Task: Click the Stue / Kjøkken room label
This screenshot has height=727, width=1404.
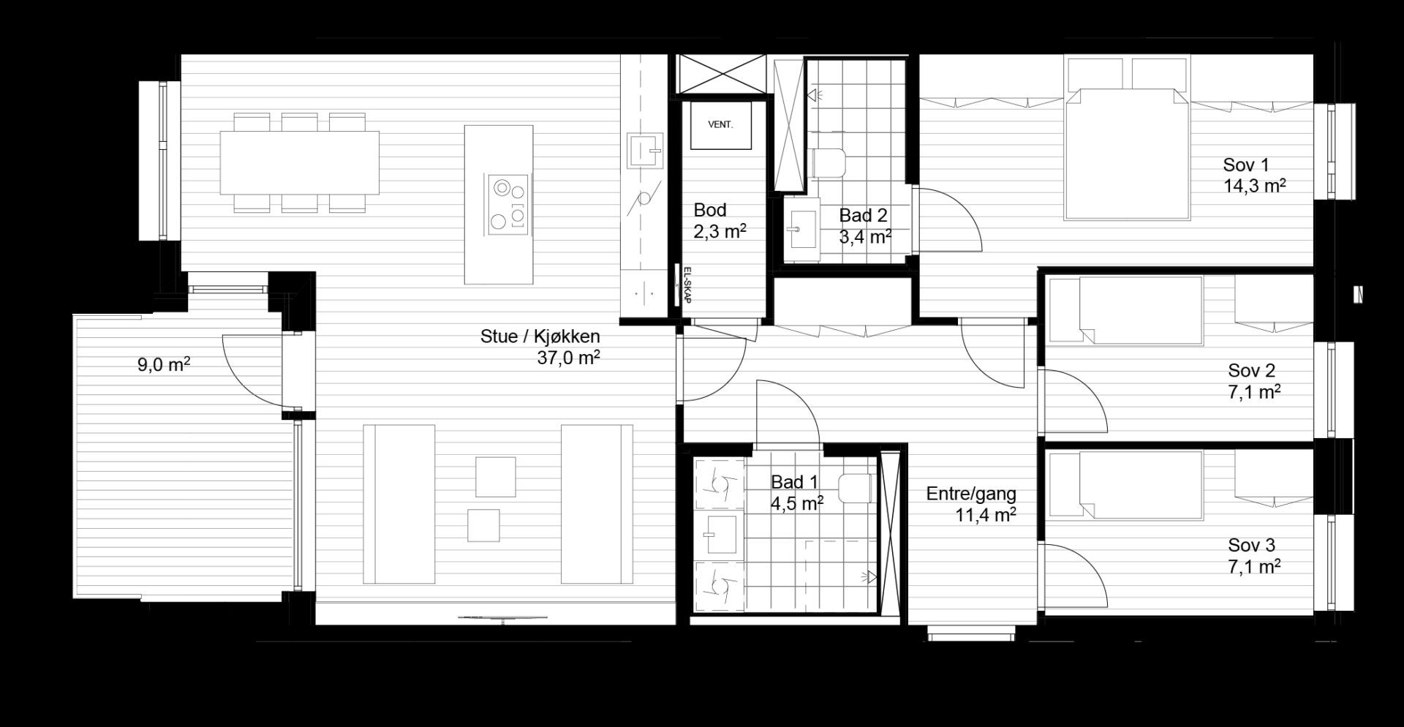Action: [540, 336]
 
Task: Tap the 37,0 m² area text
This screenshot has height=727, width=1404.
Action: [569, 358]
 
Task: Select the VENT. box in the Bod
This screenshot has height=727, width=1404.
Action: [720, 125]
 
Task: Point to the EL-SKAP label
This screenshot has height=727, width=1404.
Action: [687, 284]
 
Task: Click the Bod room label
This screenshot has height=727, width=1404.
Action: [709, 211]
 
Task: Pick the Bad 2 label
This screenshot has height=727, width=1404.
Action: [863, 216]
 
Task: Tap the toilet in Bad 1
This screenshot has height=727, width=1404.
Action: [856, 489]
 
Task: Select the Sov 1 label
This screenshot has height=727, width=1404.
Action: [1247, 165]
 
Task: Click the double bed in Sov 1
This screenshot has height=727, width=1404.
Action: [1128, 154]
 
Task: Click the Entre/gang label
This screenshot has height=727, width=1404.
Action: [971, 494]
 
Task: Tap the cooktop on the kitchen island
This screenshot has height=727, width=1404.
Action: [507, 206]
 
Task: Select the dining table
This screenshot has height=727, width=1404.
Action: [300, 162]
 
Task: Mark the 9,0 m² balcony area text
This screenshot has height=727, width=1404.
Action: [164, 364]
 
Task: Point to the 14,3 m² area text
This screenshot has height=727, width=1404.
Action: [1255, 186]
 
